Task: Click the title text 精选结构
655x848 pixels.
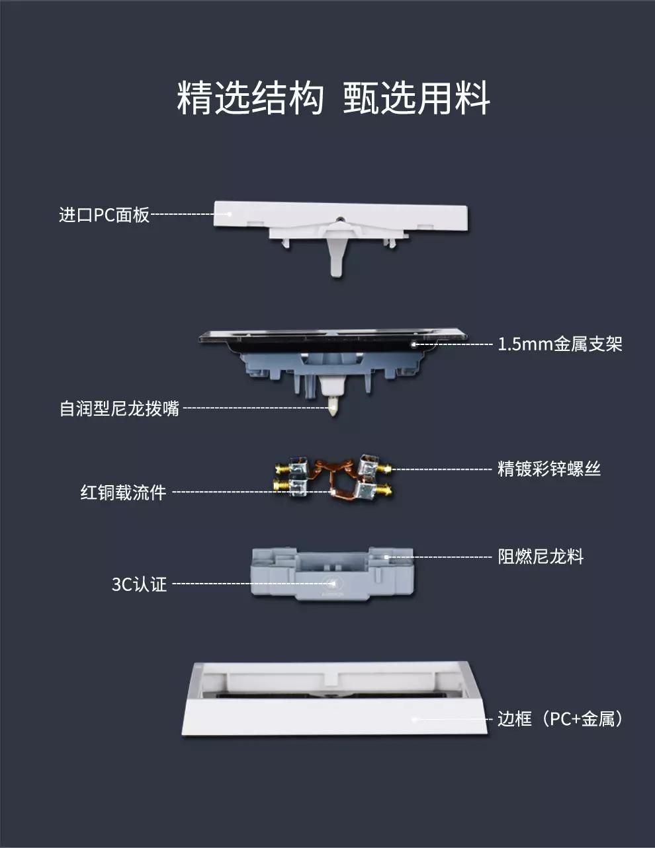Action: pyautogui.click(x=250, y=98)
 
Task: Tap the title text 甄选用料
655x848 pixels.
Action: pyautogui.click(x=416, y=98)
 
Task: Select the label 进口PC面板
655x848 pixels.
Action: pyautogui.click(x=105, y=215)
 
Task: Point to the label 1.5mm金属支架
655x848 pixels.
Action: pyautogui.click(x=560, y=344)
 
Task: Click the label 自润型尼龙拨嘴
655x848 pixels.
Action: pyautogui.click(x=120, y=408)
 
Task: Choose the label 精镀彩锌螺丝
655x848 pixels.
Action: pyautogui.click(x=548, y=469)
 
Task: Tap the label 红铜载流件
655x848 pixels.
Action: pyautogui.click(x=124, y=492)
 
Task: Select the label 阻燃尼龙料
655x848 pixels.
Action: pyautogui.click(x=541, y=557)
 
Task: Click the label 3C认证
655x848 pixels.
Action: pyautogui.click(x=140, y=584)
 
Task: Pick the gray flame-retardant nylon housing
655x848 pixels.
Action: pyautogui.click(x=332, y=573)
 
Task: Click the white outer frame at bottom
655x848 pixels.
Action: pyautogui.click(x=335, y=716)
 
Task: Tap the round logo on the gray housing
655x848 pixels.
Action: pyautogui.click(x=332, y=582)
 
